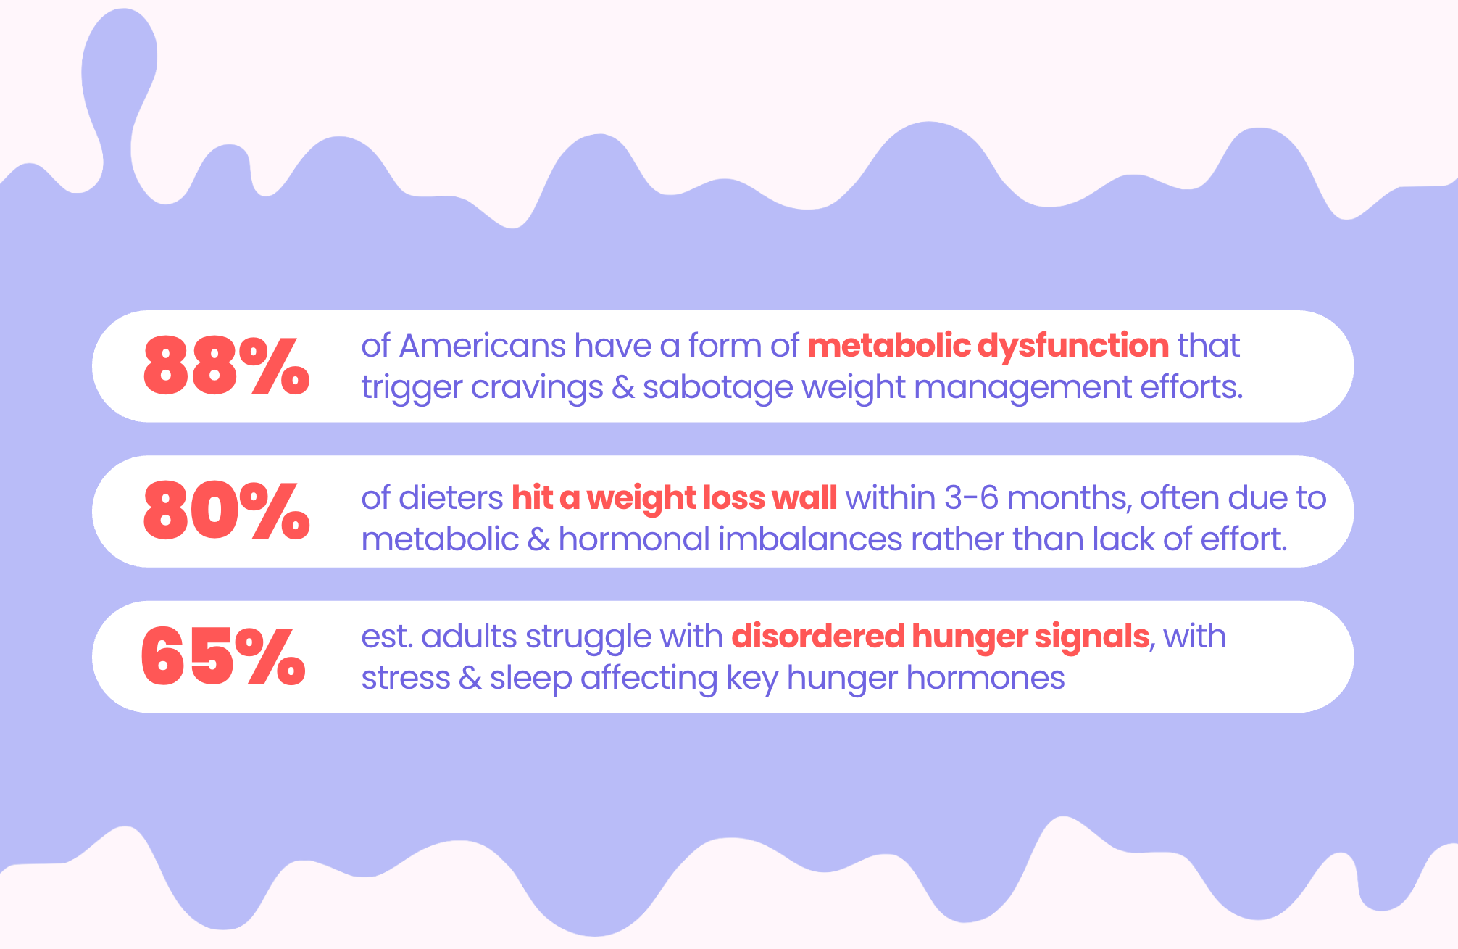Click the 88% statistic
(x=227, y=365)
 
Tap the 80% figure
(x=227, y=510)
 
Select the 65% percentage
(x=223, y=655)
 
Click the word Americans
(x=482, y=346)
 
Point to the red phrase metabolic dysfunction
(x=988, y=346)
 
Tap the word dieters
(x=451, y=498)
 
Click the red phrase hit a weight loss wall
(x=675, y=498)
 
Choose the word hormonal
(x=634, y=539)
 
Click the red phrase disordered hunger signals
(x=941, y=637)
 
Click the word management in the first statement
(x=1022, y=388)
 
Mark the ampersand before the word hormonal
(x=538, y=540)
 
